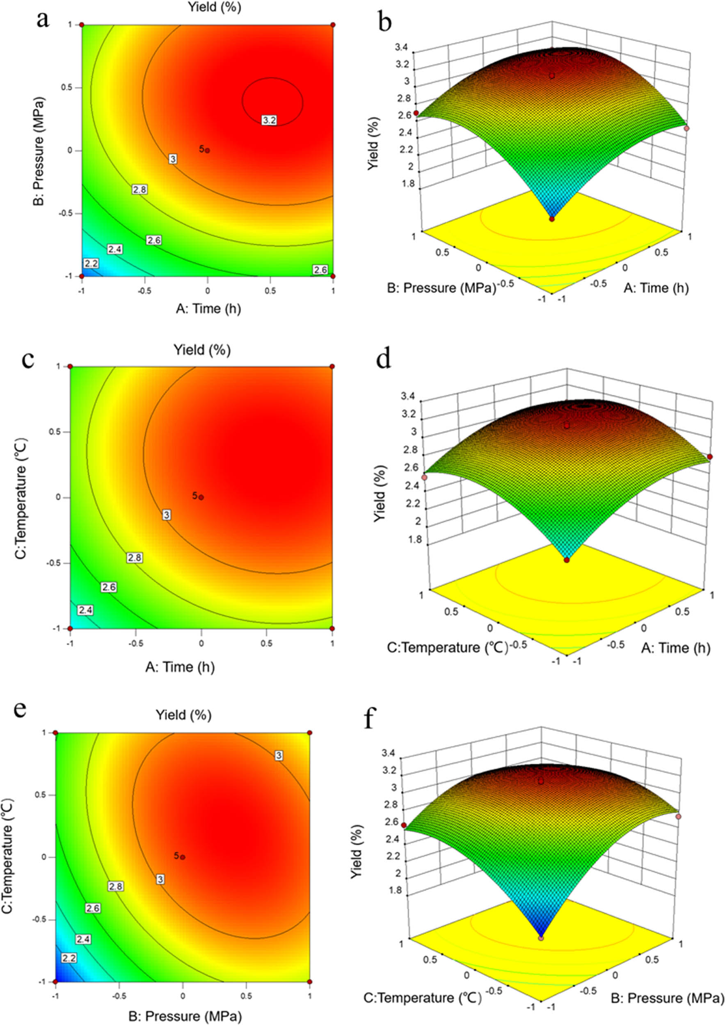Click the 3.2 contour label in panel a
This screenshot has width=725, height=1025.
point(270,120)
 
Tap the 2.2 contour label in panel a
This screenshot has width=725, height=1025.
point(91,263)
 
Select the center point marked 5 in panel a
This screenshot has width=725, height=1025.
point(207,150)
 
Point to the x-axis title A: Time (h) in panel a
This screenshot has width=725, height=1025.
point(208,308)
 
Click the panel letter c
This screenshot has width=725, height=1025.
point(28,360)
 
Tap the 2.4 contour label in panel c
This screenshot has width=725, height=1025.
point(85,610)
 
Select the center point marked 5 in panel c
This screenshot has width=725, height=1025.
point(201,497)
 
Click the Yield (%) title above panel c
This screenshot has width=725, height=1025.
point(202,350)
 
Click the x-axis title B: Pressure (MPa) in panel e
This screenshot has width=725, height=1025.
point(185,1013)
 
